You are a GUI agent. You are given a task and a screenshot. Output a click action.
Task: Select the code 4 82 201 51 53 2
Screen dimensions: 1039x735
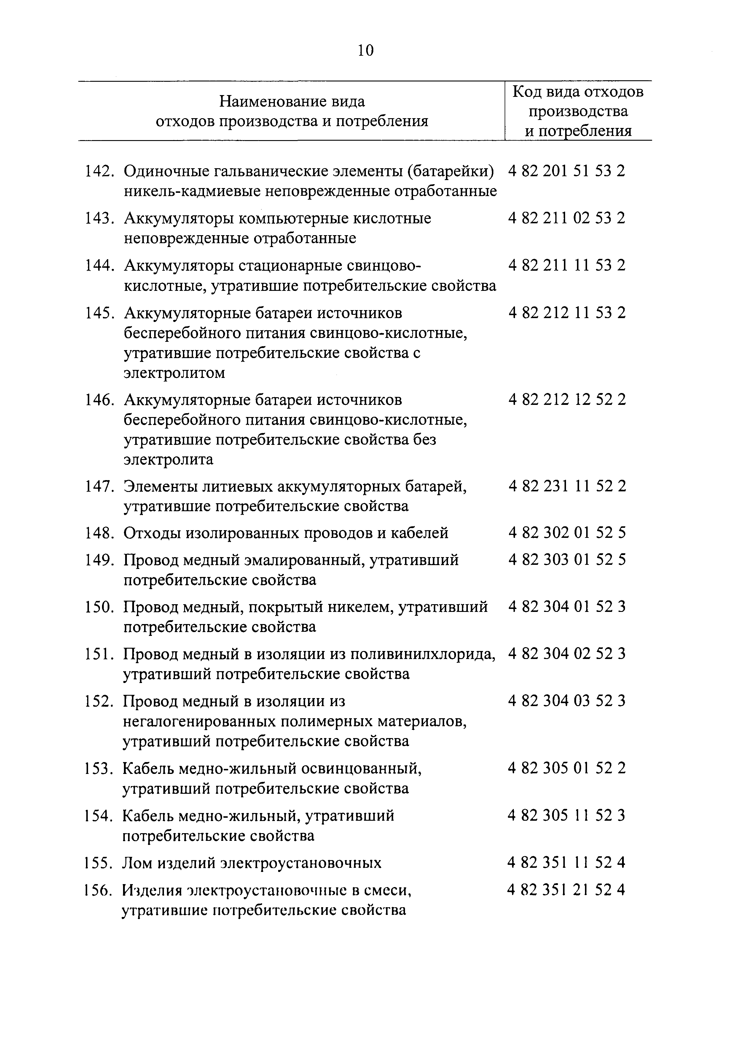click(567, 171)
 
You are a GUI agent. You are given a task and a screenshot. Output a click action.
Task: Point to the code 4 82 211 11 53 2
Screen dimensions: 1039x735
click(567, 265)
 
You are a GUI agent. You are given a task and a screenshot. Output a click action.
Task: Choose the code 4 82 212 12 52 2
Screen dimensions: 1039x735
click(567, 400)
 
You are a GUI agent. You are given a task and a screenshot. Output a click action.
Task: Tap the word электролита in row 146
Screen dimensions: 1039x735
click(168, 460)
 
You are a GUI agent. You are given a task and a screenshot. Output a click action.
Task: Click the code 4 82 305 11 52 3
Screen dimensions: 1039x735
click(567, 815)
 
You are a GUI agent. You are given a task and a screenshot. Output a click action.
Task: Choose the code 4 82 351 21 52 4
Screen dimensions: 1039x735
click(567, 890)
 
